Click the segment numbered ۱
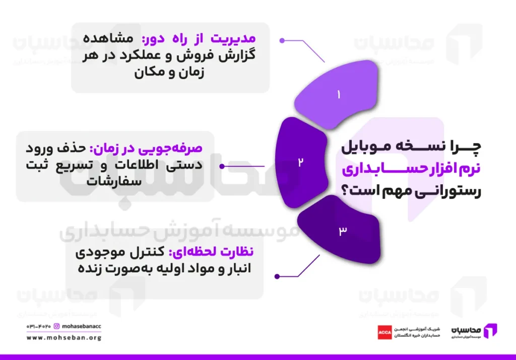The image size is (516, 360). (x=339, y=94)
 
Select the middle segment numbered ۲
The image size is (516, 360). (x=301, y=162)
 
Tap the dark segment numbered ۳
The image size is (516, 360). (x=343, y=231)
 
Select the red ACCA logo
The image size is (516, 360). (x=385, y=332)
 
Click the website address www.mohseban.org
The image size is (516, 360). (x=63, y=338)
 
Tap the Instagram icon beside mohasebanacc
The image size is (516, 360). (x=57, y=326)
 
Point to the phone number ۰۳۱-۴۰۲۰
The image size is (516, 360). (x=38, y=326)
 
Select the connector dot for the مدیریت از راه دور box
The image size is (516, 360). (x=282, y=40)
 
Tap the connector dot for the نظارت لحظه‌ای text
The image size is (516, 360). (x=277, y=275)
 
